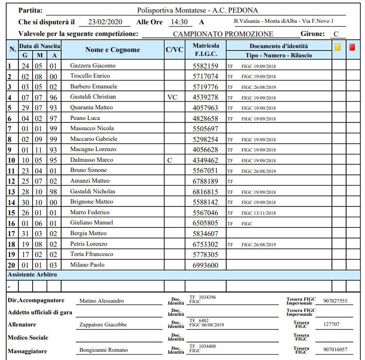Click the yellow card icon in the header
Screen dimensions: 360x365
[338, 47]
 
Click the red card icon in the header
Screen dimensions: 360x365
[352, 47]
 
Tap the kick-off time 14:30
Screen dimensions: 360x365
[178, 22]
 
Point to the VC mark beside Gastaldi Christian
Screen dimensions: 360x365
[172, 97]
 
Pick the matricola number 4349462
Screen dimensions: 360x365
[205, 160]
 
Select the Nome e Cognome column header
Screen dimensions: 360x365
[113, 50]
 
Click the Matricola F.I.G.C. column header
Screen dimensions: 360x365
[206, 50]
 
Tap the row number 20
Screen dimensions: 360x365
[11, 265]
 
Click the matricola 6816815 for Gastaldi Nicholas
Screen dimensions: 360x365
[205, 192]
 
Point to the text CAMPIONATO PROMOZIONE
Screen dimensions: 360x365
[223, 34]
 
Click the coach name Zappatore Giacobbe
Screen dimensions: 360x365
[103, 325]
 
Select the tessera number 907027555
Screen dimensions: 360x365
[335, 301]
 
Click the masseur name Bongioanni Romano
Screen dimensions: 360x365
[103, 350]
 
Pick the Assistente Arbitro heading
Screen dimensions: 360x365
[32, 275]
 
